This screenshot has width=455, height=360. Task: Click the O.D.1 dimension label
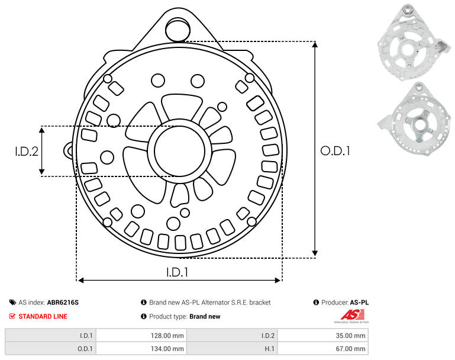point(335,151)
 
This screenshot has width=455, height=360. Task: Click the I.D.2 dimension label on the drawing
point(27,152)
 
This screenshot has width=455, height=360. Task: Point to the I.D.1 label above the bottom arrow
point(177,272)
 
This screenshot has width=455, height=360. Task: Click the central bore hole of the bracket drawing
point(180,151)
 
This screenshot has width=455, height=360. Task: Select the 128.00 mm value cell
point(141,336)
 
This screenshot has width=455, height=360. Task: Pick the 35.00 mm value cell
point(323,336)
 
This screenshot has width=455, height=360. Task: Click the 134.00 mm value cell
point(141,348)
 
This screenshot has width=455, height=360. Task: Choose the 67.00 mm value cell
point(323,348)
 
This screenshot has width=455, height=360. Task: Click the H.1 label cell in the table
point(232,348)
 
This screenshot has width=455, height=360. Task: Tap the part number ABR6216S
point(63,303)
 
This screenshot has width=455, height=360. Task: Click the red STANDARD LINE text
point(43,316)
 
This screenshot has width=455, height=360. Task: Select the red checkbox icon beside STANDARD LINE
point(12,316)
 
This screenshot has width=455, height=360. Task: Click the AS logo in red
point(352,315)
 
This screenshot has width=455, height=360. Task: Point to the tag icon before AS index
point(12,303)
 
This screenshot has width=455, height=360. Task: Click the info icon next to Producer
point(316,303)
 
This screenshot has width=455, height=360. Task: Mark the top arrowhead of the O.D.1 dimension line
point(315,44)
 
